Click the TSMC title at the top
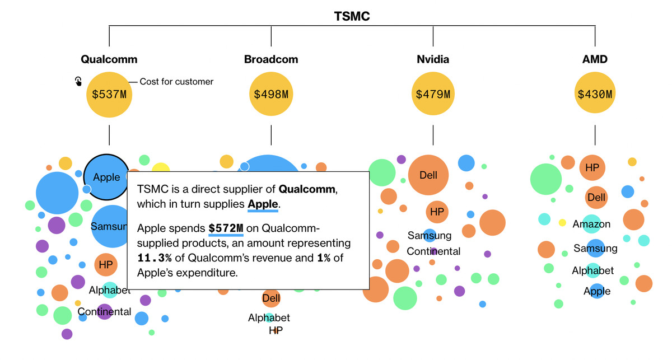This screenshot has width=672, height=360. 352,16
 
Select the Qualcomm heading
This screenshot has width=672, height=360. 109,59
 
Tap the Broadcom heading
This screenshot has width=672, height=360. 271,59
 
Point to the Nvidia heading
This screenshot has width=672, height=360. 433,59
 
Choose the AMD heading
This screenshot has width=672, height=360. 595,59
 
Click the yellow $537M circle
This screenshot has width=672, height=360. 109,94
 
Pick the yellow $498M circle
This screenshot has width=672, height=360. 271,94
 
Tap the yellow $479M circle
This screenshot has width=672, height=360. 433,94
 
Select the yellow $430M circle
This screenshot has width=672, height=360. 595,94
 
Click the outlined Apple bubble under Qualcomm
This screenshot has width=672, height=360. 106,177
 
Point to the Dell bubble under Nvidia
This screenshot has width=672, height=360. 428,175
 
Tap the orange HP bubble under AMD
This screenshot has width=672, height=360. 592,167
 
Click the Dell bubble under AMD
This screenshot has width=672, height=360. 596,198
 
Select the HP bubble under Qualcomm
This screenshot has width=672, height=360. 105,264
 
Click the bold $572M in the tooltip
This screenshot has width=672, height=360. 226,228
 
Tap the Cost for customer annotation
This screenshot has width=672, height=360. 176,82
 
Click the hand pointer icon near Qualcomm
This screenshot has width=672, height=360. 78,81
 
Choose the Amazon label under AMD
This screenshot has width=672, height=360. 591,224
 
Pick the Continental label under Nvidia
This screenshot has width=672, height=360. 433,251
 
